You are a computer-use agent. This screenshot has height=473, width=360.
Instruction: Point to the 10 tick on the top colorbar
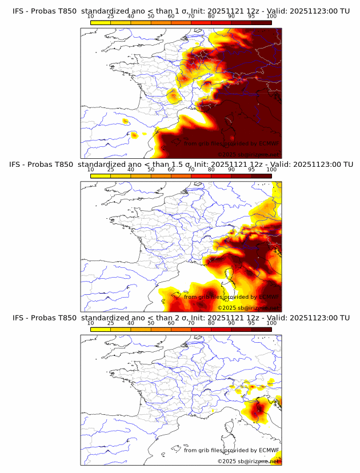tap(91, 15)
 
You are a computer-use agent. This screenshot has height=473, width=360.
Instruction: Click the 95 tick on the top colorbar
tap(251, 15)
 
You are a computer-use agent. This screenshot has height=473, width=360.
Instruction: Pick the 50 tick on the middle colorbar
tap(151, 169)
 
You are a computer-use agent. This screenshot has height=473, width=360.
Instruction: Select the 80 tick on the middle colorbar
tap(211, 169)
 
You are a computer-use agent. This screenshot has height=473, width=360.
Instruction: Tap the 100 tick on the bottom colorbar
tap(271, 322)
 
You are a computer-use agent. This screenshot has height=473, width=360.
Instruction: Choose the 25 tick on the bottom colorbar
tap(111, 322)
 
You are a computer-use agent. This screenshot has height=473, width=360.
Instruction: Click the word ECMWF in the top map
tap(268, 144)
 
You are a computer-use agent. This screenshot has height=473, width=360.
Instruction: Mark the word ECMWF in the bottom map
tap(268, 450)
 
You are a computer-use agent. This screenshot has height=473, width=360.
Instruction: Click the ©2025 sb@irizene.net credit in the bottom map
tap(248, 461)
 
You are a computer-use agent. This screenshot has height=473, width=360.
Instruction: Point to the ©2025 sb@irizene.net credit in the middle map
tap(248, 308)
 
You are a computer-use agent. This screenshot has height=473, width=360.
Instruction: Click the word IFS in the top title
tap(18, 11)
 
